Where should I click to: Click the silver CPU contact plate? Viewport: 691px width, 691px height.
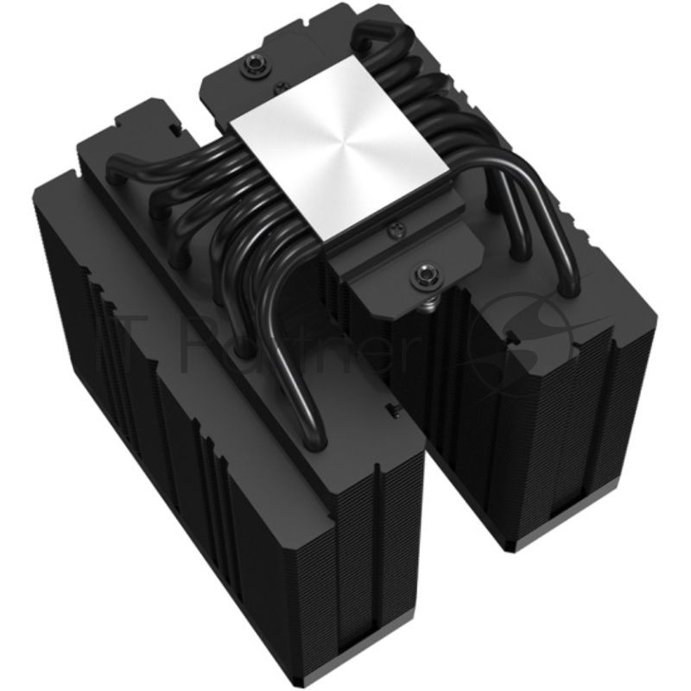coord(324,164)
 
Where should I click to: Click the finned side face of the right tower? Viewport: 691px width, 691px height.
coord(553,432)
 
